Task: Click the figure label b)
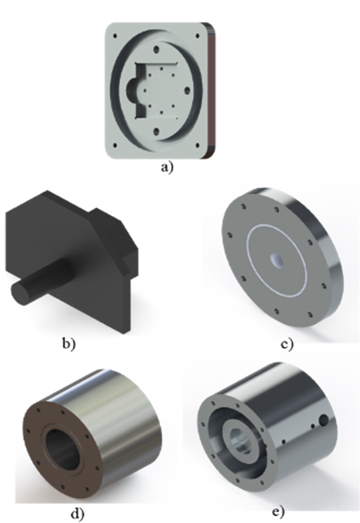tap(69, 344)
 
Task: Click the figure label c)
tap(287, 344)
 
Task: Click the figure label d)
tap(78, 514)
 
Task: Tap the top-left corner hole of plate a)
tap(115, 36)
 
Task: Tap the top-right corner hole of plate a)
tap(198, 36)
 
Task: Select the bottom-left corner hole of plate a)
tap(115, 145)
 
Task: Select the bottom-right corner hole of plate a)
tap(198, 145)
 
